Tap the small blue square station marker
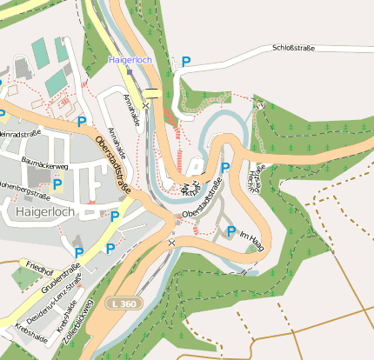click(x=128, y=70)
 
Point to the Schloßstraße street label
click(x=293, y=49)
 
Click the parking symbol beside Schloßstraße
click(x=185, y=62)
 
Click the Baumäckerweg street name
click(x=43, y=164)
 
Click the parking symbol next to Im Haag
click(x=230, y=230)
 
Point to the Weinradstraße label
click(x=19, y=135)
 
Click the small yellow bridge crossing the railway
click(x=152, y=93)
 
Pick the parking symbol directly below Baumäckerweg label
click(x=58, y=183)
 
